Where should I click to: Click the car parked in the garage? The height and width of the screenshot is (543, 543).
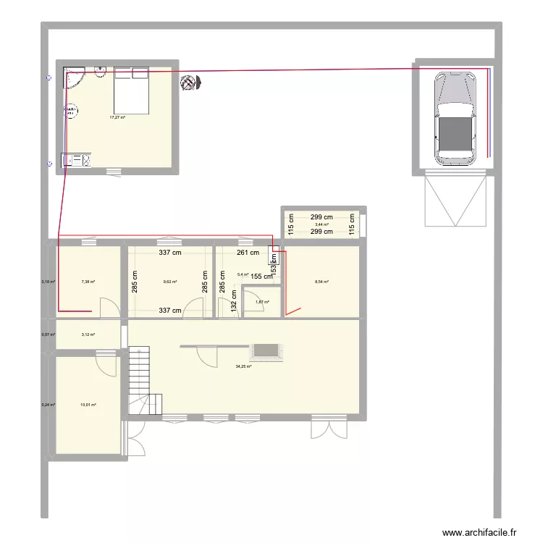pos(455,118)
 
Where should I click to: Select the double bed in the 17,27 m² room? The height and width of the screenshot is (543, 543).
pos(131,89)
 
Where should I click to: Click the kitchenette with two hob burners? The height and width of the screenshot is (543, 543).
pos(76,161)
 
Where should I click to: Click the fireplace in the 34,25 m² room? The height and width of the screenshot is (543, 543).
pos(266,351)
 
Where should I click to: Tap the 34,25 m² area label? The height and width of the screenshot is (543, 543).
pos(243,367)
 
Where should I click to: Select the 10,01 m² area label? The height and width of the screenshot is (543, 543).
pos(88,405)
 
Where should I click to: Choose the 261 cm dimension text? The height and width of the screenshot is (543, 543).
pos(248,253)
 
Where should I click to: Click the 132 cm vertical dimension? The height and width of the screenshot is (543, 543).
pos(234,301)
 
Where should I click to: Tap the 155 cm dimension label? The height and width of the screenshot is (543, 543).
pos(261,276)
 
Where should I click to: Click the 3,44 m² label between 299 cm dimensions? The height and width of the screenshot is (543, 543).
pos(321,224)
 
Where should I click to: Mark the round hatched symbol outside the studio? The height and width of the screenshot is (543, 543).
pos(190,83)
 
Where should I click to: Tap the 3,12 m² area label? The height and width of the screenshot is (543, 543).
pos(88,334)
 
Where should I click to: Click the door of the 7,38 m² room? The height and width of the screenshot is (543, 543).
pos(107,308)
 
